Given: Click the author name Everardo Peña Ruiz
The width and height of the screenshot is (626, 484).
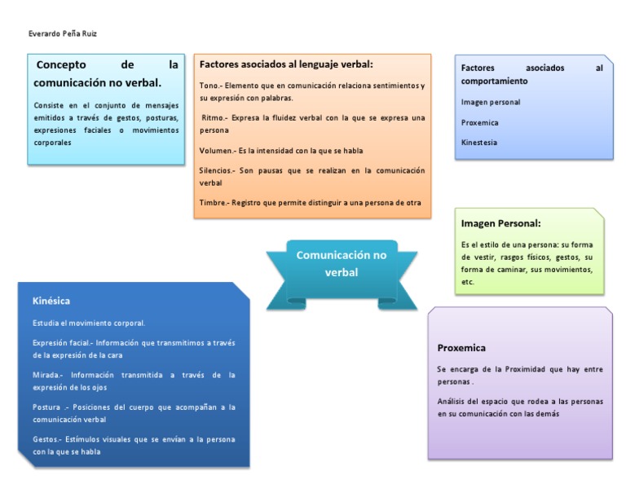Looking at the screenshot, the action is coord(62,33).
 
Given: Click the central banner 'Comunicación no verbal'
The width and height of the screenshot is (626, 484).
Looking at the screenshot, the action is coord(342,263).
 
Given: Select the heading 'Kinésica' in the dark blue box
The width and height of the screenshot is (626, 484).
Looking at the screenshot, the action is coord(51,301).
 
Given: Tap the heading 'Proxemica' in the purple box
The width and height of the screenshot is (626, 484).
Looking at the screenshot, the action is coord(461,348).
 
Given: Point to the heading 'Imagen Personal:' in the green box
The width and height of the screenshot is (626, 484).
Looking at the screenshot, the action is coord(500,222).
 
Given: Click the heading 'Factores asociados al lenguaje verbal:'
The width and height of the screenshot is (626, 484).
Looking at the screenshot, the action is coord(286,64).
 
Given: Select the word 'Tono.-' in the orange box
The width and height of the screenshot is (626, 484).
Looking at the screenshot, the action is coord(211,86).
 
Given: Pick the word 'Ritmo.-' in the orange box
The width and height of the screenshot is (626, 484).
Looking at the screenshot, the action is coord(215,117).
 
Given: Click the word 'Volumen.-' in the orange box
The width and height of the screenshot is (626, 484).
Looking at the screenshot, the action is coord(216,150).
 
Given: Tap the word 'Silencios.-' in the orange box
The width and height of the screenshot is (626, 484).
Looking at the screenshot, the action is coord(218,170).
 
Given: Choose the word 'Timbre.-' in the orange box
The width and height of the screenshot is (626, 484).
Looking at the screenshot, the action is coord(214,202).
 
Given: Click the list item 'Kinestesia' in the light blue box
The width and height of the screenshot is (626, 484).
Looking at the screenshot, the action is coord(479,143).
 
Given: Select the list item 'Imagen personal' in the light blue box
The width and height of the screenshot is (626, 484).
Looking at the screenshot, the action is coord(491,102).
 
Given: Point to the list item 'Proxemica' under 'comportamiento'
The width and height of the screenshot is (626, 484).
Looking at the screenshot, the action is coord(479,122).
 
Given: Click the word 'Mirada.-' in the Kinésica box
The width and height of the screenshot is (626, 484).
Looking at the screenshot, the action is coord(48,375).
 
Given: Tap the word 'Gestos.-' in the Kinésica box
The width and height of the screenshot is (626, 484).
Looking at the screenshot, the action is coord(47,439).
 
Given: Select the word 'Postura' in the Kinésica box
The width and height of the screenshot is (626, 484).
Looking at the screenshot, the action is coord(46,407).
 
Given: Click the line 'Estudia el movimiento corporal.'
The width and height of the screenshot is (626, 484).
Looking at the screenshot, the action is coord(89,323).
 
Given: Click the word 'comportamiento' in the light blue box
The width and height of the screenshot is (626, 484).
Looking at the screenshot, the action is coord(494,81).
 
